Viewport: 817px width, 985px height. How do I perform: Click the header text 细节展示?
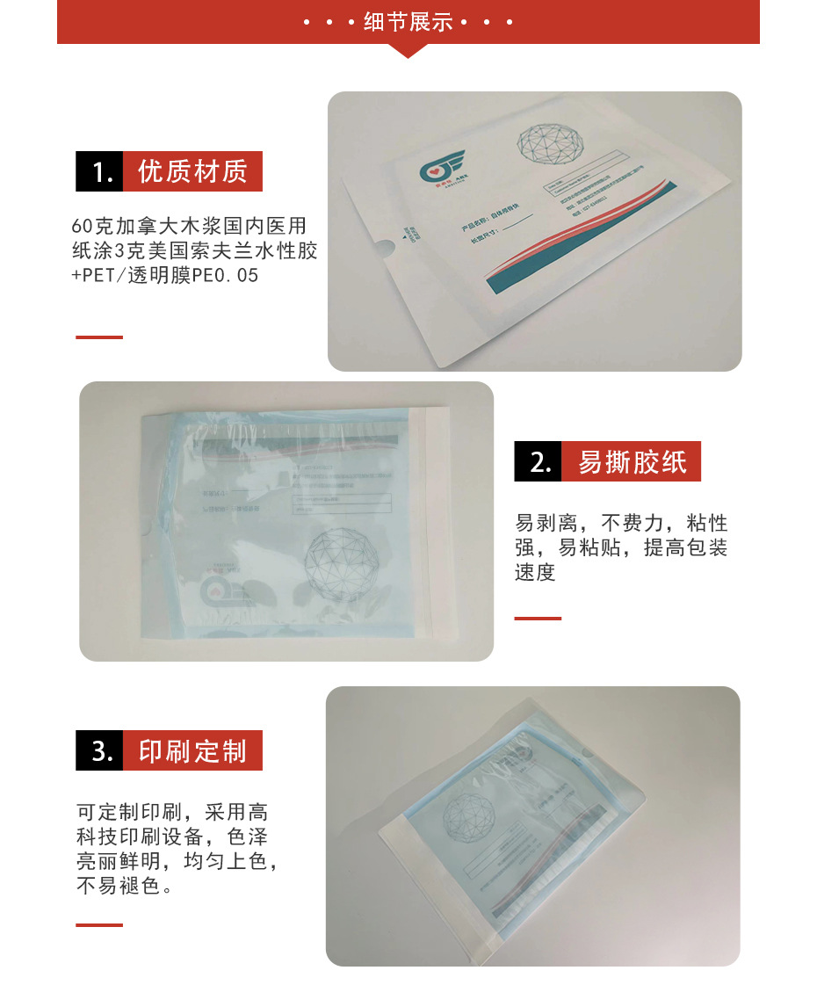pyautogui.click(x=408, y=22)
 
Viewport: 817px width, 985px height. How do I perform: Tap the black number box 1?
pyautogui.click(x=99, y=172)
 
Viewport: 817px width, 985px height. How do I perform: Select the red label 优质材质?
pyautogui.click(x=192, y=172)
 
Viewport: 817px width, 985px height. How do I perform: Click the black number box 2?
pyautogui.click(x=538, y=461)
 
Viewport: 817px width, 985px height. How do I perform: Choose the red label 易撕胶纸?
pyautogui.click(x=632, y=461)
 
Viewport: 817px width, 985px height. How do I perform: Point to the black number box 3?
pyautogui.click(x=99, y=751)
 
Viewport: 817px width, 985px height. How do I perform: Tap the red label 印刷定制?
pyautogui.click(x=192, y=751)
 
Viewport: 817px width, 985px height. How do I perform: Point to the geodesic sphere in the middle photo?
pyautogui.click(x=343, y=561)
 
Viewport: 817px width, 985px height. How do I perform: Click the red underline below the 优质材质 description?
pyautogui.click(x=99, y=337)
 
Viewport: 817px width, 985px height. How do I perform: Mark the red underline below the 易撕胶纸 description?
pyautogui.click(x=538, y=619)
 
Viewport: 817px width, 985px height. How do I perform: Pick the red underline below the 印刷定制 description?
pyautogui.click(x=99, y=925)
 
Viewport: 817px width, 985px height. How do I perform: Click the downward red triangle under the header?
pyautogui.click(x=408, y=51)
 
